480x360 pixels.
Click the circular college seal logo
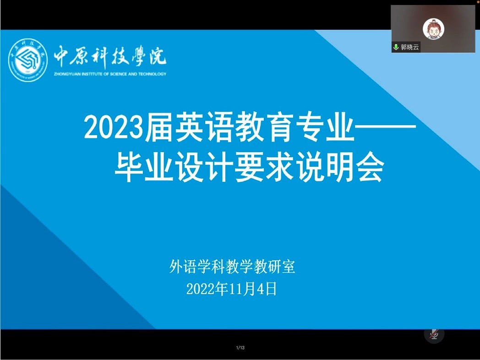click(27, 60)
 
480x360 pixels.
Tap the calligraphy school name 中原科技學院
click(110, 57)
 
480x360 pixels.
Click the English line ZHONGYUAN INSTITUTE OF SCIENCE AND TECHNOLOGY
click(110, 74)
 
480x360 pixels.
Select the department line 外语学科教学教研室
click(232, 267)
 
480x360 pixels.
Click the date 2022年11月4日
click(231, 289)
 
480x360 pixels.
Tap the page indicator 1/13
click(240, 348)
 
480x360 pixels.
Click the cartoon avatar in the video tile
click(433, 29)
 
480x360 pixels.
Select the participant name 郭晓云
click(409, 47)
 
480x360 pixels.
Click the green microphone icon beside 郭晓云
click(396, 47)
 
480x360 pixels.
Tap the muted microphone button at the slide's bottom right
click(434, 334)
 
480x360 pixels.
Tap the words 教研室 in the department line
click(275, 267)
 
